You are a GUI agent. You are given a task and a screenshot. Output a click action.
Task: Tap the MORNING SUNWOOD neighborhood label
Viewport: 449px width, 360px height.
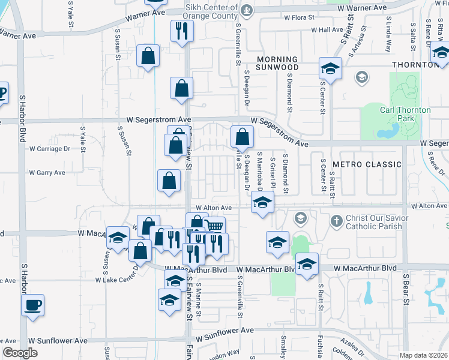click(x=277, y=64)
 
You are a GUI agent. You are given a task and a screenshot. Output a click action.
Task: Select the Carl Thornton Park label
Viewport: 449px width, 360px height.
click(x=405, y=114)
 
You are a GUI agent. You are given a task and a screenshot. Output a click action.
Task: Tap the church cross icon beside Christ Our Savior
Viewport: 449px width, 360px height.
click(x=336, y=221)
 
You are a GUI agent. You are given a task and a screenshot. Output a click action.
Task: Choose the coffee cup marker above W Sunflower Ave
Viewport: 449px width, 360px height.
click(x=32, y=305)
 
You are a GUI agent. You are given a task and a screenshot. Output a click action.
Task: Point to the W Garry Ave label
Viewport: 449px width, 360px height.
click(x=47, y=173)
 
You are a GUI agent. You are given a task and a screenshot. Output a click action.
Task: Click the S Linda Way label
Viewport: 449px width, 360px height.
click(x=388, y=39)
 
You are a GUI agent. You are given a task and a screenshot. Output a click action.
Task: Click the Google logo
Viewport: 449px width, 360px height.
click(x=20, y=353)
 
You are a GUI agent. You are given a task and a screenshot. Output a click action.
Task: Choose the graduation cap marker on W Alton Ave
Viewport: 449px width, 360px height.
click(x=262, y=204)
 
